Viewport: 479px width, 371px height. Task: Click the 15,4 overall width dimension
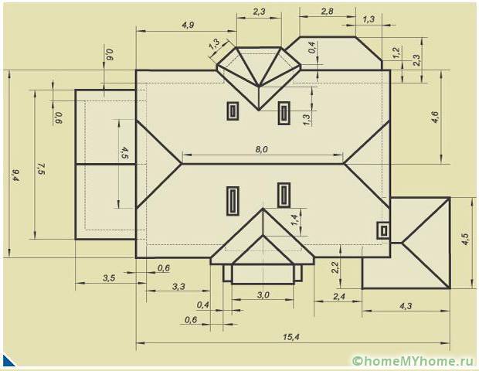[x=291, y=337]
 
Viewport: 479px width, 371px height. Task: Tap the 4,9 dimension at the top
[x=188, y=25]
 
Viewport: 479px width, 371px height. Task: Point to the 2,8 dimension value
[x=327, y=12]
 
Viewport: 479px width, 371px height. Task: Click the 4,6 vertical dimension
[x=435, y=117]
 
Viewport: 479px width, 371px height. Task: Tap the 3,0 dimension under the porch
[x=263, y=295]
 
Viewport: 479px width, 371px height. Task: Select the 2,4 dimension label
[x=338, y=296]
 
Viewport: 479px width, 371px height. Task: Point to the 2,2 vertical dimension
[x=335, y=267]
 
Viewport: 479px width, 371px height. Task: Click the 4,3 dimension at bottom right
[x=405, y=307]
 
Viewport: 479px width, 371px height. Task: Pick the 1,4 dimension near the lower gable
[x=294, y=220]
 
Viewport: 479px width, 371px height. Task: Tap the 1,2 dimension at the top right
[x=396, y=53]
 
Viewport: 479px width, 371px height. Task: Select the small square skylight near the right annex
[x=382, y=230]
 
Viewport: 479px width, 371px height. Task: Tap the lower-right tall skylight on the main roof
[x=284, y=194]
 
